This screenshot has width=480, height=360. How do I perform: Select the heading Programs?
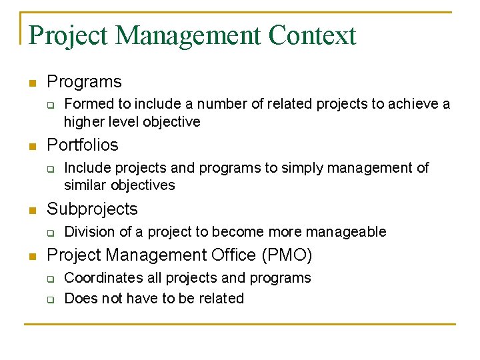tap(84, 82)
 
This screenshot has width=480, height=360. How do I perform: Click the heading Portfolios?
tap(82, 145)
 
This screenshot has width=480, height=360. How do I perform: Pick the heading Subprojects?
tap(92, 209)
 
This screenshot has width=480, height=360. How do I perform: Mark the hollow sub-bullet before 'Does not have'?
tap(50, 299)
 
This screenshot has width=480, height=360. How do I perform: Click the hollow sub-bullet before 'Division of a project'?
tap(50, 232)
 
